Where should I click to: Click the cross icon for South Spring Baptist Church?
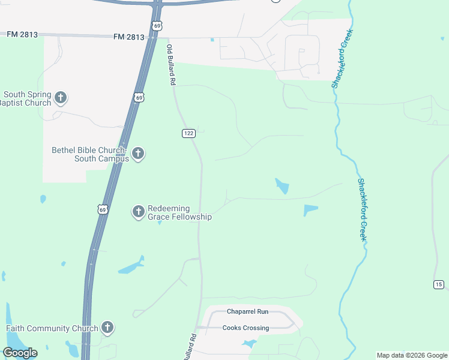(60, 97)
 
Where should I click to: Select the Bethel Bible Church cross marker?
(138, 154)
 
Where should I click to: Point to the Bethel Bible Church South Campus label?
(90, 154)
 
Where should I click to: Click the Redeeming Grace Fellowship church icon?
(138, 211)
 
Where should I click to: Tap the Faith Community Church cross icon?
(107, 328)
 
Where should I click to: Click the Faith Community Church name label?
(52, 328)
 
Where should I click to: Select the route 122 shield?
(188, 133)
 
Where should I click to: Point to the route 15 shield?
(438, 284)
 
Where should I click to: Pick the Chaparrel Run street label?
(247, 311)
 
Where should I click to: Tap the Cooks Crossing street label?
(246, 328)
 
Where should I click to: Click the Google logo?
(20, 353)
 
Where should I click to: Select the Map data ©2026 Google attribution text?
(411, 355)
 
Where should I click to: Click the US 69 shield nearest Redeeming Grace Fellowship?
(103, 209)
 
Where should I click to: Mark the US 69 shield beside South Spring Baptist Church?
(139, 97)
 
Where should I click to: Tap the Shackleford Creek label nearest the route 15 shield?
(363, 210)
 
